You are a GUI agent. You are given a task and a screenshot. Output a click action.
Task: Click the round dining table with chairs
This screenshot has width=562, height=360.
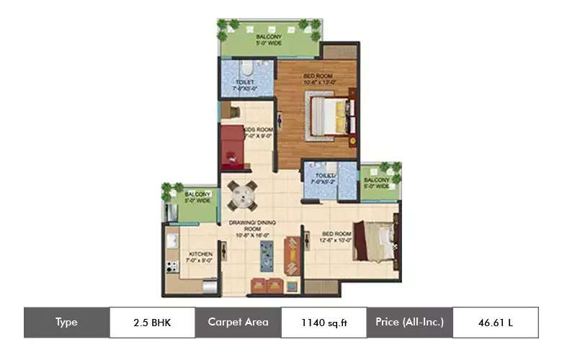[x=242, y=194]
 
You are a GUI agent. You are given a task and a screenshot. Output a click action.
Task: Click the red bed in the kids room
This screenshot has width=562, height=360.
[x=233, y=145]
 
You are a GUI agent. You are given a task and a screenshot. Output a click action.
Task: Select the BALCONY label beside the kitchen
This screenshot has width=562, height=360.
[x=197, y=194]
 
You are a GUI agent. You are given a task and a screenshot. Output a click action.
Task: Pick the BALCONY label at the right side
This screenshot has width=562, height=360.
[x=376, y=180]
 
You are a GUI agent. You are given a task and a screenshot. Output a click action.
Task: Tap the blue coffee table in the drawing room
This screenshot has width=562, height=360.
[x=265, y=253]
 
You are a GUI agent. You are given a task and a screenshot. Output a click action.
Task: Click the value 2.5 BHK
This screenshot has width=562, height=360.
[x=152, y=323]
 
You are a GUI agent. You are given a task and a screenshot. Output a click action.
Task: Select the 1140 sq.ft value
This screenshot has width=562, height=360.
[x=324, y=323]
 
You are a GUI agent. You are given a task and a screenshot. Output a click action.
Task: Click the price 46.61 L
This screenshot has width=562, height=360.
[x=495, y=323]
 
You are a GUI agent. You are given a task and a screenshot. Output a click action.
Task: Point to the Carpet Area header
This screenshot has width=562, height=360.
[x=238, y=323]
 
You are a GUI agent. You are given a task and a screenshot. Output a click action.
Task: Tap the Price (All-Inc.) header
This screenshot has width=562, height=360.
[x=409, y=323]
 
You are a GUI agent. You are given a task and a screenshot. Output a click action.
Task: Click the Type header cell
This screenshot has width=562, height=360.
[x=66, y=323]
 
